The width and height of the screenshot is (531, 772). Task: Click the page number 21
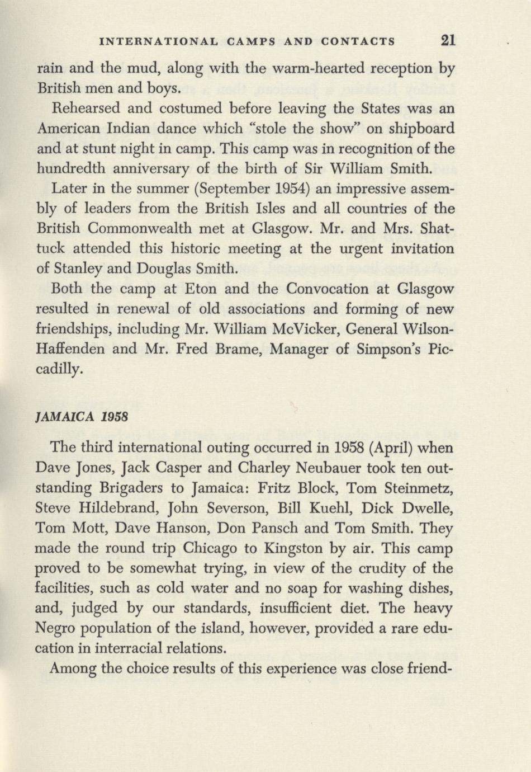pyautogui.click(x=448, y=40)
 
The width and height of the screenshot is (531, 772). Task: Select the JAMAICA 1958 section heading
pyautogui.click(x=82, y=417)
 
